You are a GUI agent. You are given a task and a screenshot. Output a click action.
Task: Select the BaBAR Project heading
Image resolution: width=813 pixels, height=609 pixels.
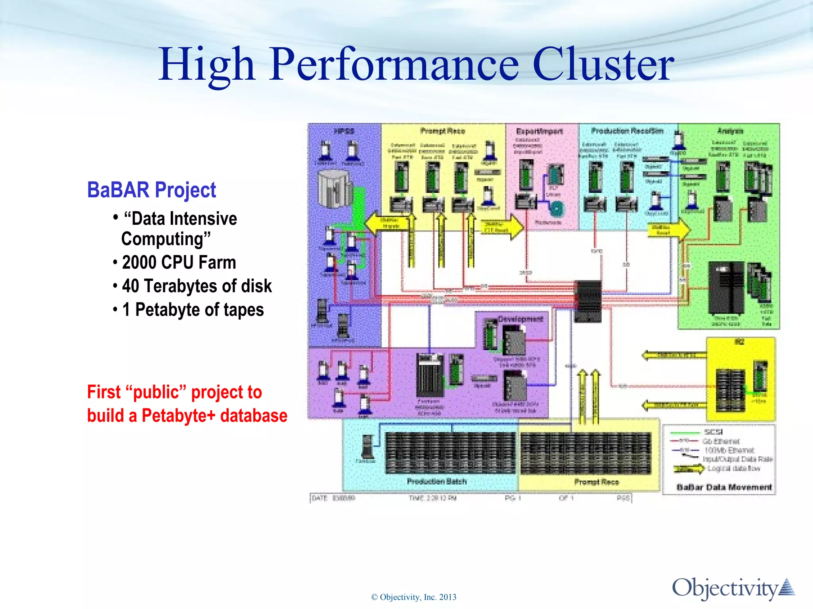tap(151, 190)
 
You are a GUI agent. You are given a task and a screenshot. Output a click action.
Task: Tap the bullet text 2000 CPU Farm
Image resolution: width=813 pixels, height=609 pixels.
tap(179, 262)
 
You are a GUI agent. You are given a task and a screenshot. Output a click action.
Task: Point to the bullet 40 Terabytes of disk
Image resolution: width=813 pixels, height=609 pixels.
tap(197, 286)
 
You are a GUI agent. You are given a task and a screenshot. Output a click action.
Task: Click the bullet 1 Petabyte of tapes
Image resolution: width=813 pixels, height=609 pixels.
tap(193, 310)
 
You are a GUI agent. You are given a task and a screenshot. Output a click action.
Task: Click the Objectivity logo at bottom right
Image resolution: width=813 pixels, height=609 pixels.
tap(733, 588)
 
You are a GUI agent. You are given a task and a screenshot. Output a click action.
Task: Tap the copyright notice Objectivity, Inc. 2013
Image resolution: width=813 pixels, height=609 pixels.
tap(414, 597)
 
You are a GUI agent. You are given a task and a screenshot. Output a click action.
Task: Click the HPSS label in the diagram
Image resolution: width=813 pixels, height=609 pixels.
tap(344, 131)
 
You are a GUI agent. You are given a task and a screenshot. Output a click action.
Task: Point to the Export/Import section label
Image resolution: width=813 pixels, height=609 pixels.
tap(539, 131)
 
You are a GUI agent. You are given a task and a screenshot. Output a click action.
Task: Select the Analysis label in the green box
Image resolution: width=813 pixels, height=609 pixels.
tap(730, 131)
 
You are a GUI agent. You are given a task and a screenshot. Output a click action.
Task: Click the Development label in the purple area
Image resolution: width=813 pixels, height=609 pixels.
tap(520, 319)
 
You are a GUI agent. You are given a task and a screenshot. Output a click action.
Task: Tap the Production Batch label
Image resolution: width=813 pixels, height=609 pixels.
tap(437, 481)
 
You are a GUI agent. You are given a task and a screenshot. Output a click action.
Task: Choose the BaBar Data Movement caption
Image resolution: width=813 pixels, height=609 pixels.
tap(724, 487)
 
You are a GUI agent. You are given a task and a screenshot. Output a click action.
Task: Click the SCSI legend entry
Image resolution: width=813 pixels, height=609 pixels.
tap(713, 432)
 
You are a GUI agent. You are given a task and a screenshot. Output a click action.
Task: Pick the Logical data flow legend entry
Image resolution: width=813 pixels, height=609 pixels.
tap(734, 469)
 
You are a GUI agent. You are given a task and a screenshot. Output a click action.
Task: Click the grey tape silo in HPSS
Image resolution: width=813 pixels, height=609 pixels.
tap(334, 189)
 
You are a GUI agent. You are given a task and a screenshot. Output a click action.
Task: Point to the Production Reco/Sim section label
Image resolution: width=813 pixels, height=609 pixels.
tap(627, 131)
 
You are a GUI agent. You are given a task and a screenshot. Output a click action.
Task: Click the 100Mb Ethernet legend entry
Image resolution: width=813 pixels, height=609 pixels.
tap(729, 450)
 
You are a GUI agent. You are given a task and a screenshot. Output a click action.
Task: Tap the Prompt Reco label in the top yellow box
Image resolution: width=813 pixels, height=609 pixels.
tap(442, 131)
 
